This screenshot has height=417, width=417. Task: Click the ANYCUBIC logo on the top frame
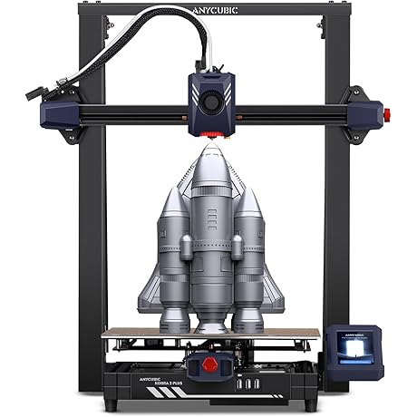(209, 10)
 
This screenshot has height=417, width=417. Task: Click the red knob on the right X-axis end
(388, 114)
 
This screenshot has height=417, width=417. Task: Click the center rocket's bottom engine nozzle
(209, 322)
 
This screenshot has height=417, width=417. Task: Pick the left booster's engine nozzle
(173, 319)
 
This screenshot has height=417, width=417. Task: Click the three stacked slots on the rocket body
(211, 219)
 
